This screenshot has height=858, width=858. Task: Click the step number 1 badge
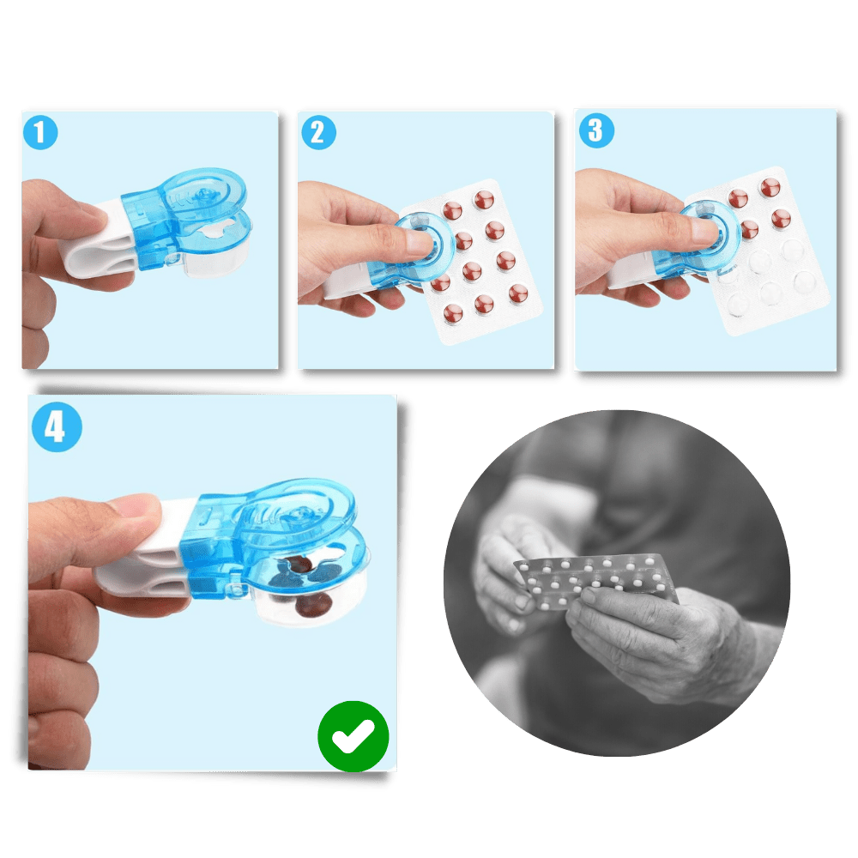[40, 132]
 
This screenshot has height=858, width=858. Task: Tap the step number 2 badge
[319, 132]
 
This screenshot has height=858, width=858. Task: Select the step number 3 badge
[596, 130]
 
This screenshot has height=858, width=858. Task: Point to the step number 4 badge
[57, 426]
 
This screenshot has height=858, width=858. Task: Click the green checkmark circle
[353, 736]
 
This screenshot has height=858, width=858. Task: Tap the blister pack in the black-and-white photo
[596, 581]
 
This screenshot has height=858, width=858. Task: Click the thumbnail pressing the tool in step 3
[706, 228]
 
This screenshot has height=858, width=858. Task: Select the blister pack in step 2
[470, 262]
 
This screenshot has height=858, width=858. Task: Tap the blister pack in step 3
[758, 251]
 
